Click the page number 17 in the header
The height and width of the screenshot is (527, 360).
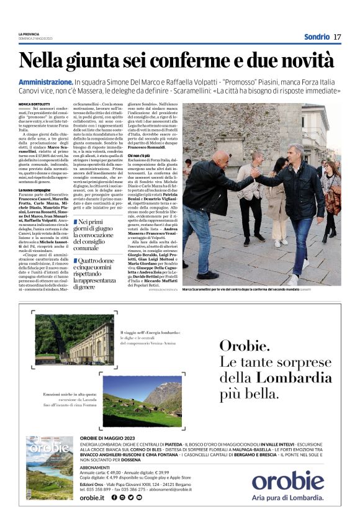tap(337, 37)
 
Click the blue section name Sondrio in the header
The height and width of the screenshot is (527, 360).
tap(317, 37)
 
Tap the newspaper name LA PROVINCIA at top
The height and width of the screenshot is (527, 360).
tap(29, 34)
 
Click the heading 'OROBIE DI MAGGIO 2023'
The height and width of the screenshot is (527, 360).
tap(111, 438)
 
